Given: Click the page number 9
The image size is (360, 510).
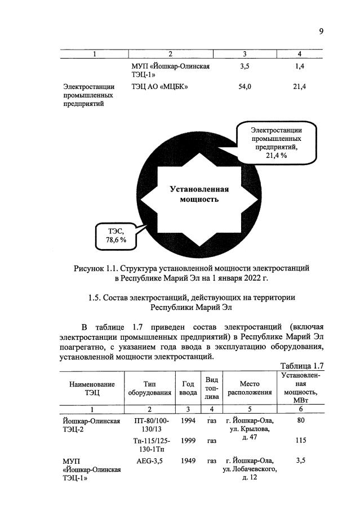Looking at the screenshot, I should coord(321,31).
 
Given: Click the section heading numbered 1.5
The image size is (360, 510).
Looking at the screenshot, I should coord(192,303).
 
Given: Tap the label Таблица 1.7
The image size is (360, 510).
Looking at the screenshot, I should coord(302,366).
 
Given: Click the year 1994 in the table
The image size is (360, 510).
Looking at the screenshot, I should coord(188,420).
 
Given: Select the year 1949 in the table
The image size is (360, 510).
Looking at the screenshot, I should coord(188,461).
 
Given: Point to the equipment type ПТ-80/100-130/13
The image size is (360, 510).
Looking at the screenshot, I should coord(152,425).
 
